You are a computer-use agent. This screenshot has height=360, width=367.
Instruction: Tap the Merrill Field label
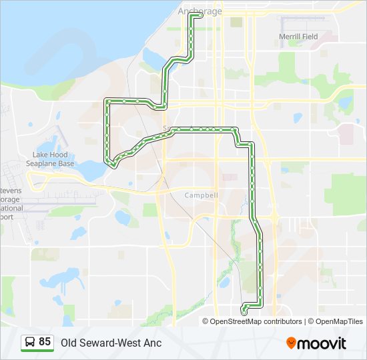pyautogui.click(x=298, y=37)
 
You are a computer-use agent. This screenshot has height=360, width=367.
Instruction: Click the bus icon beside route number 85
pyautogui.click(x=29, y=342)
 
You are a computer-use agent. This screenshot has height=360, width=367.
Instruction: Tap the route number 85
pyautogui.click(x=45, y=342)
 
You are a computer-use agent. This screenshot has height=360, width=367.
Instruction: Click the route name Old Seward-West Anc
pyautogui.click(x=111, y=343)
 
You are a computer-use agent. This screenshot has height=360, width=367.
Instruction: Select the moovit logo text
pyautogui.click(x=322, y=343)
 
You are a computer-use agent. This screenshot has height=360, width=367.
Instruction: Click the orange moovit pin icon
pyautogui.click(x=292, y=343)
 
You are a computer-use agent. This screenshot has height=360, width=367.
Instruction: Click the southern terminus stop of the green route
pyautogui.click(x=245, y=311)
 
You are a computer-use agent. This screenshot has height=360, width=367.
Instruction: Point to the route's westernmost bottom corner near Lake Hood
pyautogui.click(x=113, y=165)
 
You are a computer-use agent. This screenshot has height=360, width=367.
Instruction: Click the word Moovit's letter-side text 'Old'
pyautogui.click(x=69, y=343)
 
